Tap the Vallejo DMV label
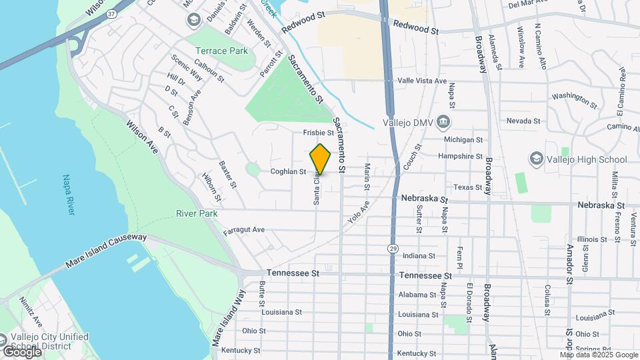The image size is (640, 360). click(x=409, y=122)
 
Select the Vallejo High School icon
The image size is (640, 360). click(x=536, y=159)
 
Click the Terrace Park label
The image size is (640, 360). click(x=221, y=51)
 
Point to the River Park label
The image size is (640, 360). click(x=197, y=213)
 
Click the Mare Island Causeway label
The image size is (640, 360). click(x=106, y=251)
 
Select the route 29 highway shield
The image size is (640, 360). click(x=394, y=248)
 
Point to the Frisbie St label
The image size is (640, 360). click(x=318, y=133)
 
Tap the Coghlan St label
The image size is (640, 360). click(x=287, y=171)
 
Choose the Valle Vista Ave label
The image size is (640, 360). click(x=421, y=81)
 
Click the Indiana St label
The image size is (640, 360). click(x=419, y=255)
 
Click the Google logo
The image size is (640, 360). click(x=21, y=351)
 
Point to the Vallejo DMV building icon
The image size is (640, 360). click(x=445, y=122)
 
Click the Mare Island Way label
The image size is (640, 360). click(x=227, y=315)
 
